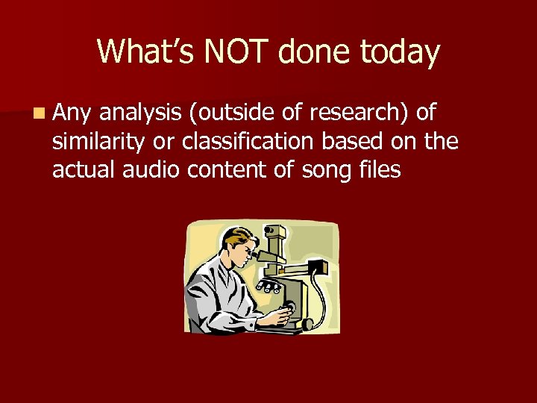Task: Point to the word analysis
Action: pyautogui.click(x=141, y=113)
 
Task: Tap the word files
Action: pyautogui.click(x=380, y=170)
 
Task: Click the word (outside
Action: pyautogui.click(x=229, y=113)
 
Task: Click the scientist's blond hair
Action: pyautogui.click(x=237, y=240)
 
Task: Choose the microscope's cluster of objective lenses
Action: pyautogui.click(x=268, y=286)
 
